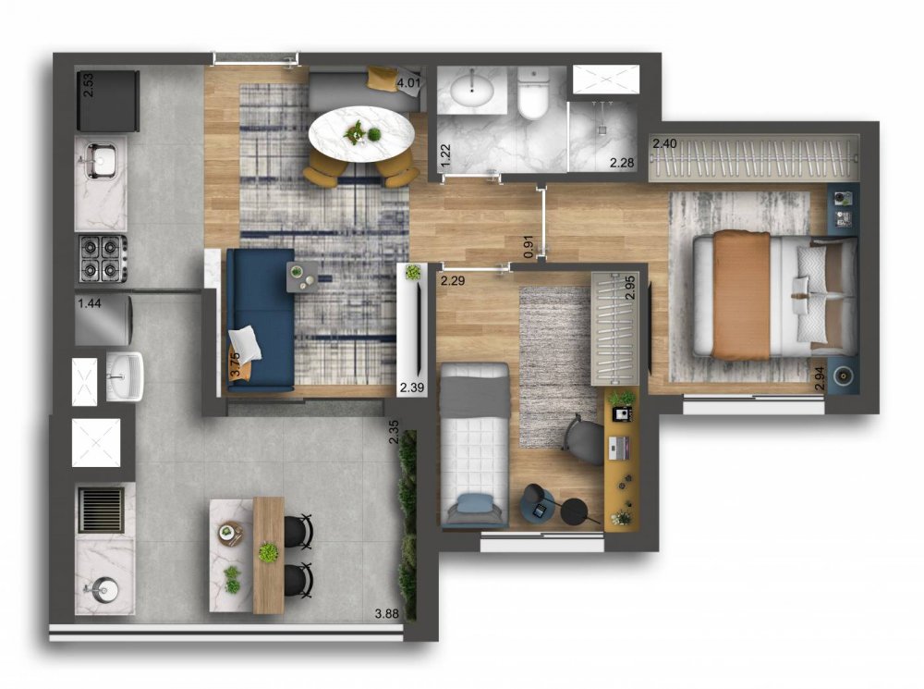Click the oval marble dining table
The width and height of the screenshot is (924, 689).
point(361,134)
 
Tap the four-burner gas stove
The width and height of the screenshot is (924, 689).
point(102,258)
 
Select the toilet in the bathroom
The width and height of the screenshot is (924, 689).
point(533,93)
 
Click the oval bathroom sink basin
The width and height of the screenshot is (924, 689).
point(472,90)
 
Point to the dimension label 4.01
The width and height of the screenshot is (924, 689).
point(408,83)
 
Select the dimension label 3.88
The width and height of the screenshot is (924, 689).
point(386,614)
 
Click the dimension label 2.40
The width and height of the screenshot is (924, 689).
point(664,143)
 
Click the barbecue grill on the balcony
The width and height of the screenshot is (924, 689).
point(102,509)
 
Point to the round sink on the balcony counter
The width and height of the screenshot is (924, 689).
point(105,589)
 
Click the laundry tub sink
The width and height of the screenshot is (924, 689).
point(123,375)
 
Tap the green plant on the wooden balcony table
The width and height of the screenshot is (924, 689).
point(268,553)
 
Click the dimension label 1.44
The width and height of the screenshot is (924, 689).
point(90,303)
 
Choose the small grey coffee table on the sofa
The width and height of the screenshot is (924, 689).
point(302,277)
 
